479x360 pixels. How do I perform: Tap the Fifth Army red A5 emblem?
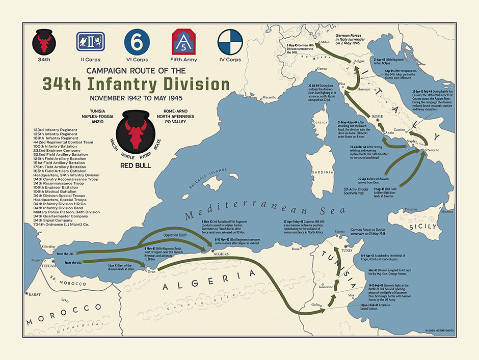click(182, 41)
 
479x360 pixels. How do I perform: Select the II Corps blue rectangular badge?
click(90, 41)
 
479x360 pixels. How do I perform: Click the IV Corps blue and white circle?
click(230, 41)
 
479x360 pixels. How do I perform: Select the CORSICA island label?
click(320, 123)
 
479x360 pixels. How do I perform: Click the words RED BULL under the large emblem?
click(135, 166)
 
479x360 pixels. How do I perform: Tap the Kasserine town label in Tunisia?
click(326, 287)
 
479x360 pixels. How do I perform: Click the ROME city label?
click(378, 116)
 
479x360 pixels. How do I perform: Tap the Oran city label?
click(151, 271)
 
